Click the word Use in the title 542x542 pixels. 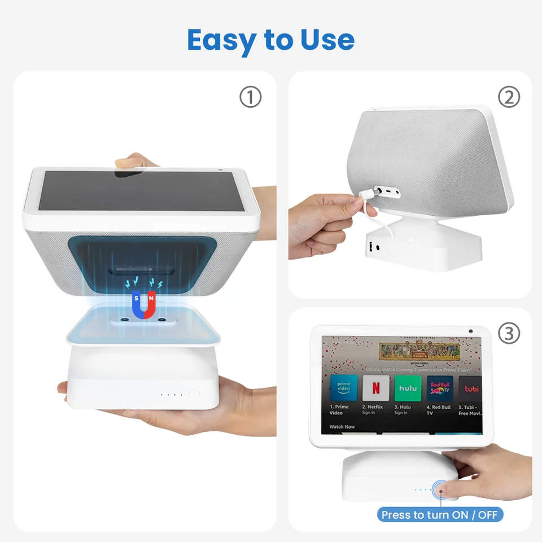pos(326,40)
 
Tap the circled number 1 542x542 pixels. pos(251,97)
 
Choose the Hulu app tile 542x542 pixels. pos(408,388)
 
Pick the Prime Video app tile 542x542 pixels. pos(343,388)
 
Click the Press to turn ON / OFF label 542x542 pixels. pos(440,514)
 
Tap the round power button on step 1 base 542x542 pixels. pos(194,395)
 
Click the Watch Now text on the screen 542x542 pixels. pos(342,427)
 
